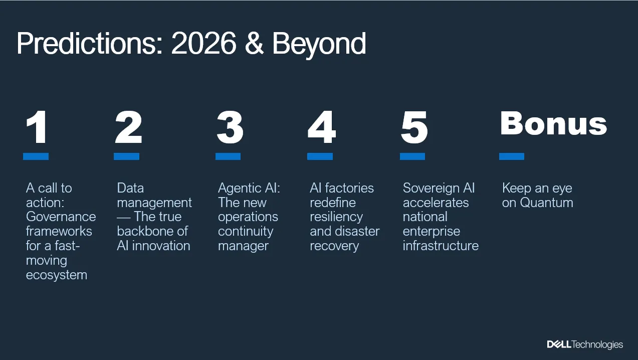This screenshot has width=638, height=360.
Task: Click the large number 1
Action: pyautogui.click(x=37, y=127)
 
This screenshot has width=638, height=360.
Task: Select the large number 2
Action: pyautogui.click(x=128, y=127)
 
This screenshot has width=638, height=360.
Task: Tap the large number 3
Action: pyautogui.click(x=230, y=127)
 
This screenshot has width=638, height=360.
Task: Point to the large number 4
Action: pyautogui.click(x=321, y=127)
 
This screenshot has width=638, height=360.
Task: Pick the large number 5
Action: pyautogui.click(x=414, y=127)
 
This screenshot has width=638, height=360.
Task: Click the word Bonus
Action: pyautogui.click(x=553, y=124)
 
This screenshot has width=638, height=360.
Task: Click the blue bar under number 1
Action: pyautogui.click(x=36, y=156)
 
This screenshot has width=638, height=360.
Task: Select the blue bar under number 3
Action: pyautogui.click(x=228, y=156)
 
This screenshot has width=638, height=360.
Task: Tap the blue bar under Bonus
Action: pyautogui.click(x=512, y=156)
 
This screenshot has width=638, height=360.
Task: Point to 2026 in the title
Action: pyautogui.click(x=203, y=45)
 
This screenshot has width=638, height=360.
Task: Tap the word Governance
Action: pyautogui.click(x=61, y=217)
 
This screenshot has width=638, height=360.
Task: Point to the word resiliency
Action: pyautogui.click(x=336, y=217)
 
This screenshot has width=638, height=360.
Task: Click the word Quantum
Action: pyautogui.click(x=546, y=203)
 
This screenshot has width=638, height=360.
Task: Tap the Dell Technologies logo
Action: pyautogui.click(x=585, y=344)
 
